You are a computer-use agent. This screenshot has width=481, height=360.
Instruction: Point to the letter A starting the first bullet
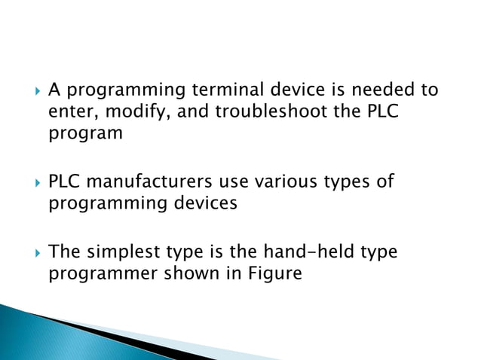click(54, 91)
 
